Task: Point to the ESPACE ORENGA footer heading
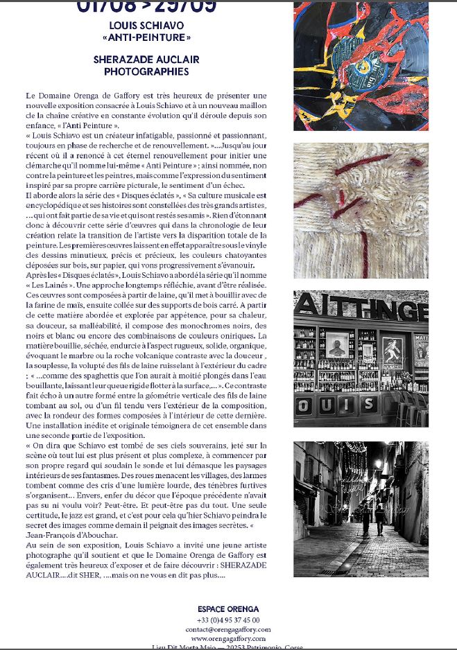coord(228,609)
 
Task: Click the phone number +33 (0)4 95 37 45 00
coord(228,620)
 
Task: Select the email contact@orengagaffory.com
coord(228,629)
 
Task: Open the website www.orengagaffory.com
coord(228,638)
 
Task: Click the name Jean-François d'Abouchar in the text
coord(68,536)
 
